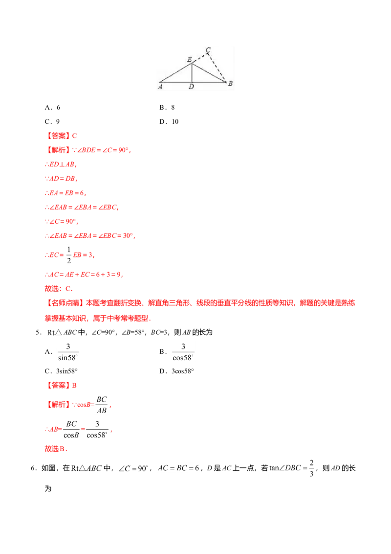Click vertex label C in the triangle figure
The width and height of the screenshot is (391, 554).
208,50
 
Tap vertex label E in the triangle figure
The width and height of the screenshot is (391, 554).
190,59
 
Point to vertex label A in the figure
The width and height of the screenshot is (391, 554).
160,87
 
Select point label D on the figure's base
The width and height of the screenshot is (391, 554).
191,87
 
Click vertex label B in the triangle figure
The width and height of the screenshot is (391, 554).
230,83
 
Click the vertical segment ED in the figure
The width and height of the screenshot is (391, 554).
192,73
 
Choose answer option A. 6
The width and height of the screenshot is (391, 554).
53,107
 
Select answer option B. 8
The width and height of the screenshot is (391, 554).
167,107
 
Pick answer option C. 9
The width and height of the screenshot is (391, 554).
52,121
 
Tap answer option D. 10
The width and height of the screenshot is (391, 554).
169,121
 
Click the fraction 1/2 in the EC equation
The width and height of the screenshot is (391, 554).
69,255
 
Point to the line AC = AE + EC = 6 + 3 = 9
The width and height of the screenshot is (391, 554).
84,275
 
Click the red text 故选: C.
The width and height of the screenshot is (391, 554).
59,289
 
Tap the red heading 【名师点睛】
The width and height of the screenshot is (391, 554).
65,303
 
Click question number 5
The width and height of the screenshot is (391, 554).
39,332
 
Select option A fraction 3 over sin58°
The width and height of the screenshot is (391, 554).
68,352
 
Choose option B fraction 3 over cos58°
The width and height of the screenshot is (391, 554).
183,352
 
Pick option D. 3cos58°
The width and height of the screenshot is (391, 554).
176,371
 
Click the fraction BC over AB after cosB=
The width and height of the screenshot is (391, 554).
102,405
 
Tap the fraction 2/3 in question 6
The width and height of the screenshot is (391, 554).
312,468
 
